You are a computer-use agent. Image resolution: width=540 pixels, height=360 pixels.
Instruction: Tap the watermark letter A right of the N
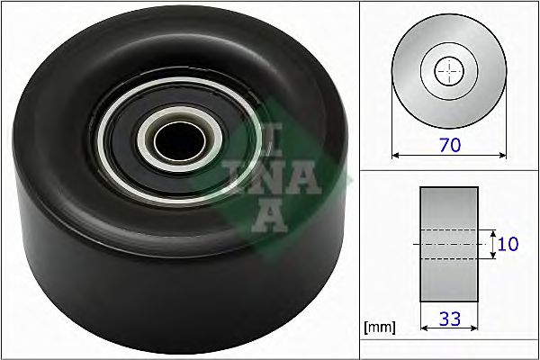pyautogui.click(x=306, y=175)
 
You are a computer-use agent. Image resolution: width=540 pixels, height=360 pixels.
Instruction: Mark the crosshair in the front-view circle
pyautogui.click(x=449, y=71)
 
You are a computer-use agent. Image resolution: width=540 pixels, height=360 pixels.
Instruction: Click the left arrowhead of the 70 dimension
pyautogui.click(x=396, y=155)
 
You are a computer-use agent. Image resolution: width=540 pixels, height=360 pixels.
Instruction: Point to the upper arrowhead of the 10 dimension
pyautogui.click(x=493, y=231)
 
